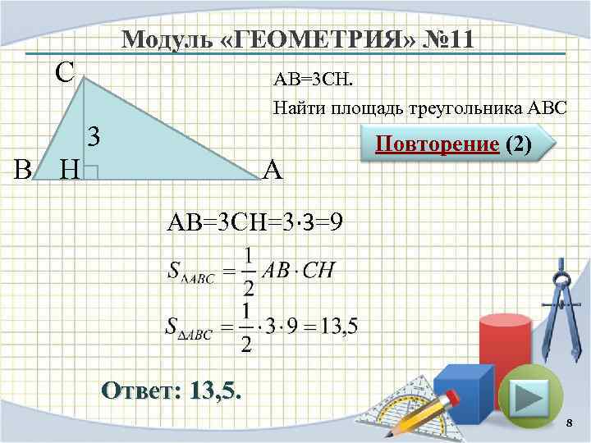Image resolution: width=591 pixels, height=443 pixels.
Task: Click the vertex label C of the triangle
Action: pyautogui.click(x=65, y=72)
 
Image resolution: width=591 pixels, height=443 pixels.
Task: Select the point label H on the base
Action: pyautogui.click(x=71, y=170)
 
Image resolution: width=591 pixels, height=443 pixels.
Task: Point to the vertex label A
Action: pyautogui.click(x=273, y=170)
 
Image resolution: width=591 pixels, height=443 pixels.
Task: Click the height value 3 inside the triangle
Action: pyautogui.click(x=94, y=136)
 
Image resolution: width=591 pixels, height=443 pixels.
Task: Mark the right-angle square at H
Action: pyautogui.click(x=91, y=171)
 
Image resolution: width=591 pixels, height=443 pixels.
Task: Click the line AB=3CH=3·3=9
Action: pyautogui.click(x=254, y=221)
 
